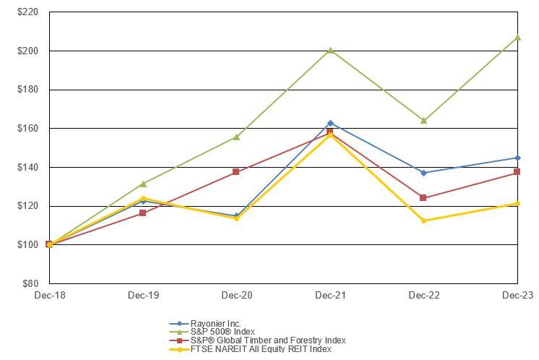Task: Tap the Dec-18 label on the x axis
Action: (x=48, y=295)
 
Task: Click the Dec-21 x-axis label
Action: (x=330, y=295)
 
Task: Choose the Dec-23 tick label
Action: (x=517, y=295)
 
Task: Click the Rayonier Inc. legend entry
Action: (x=215, y=323)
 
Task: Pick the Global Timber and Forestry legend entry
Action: (x=267, y=340)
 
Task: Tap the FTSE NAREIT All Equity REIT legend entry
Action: (x=260, y=349)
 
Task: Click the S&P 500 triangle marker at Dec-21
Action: (x=330, y=51)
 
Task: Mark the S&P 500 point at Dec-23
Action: (x=517, y=38)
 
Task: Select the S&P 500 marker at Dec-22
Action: (x=423, y=121)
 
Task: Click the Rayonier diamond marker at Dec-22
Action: (x=423, y=173)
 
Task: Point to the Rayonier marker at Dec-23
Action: (x=517, y=158)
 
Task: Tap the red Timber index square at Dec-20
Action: (x=236, y=172)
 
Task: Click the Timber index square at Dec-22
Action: (x=423, y=198)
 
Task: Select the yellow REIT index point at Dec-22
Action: (x=423, y=220)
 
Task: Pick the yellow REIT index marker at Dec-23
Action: (x=517, y=203)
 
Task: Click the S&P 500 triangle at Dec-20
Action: (x=236, y=137)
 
